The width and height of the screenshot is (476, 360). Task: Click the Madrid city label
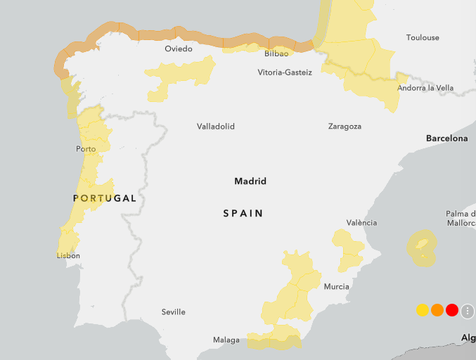tap(250, 181)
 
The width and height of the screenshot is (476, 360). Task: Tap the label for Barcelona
tap(446, 139)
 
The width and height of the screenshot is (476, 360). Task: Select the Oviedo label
tap(178, 49)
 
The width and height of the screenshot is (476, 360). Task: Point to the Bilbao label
tap(276, 53)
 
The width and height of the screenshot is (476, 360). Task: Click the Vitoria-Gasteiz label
tap(285, 72)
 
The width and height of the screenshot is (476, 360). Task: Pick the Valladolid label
tap(216, 127)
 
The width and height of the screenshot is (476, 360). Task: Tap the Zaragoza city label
tap(345, 127)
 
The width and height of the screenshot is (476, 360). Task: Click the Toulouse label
tap(423, 37)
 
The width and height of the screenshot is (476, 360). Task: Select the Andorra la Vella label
tap(425, 88)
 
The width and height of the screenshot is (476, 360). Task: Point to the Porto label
tap(86, 149)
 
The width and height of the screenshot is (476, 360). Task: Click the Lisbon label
tap(68, 255)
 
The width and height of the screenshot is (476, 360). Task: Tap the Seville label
tap(173, 311)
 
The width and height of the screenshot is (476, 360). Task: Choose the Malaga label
tap(226, 340)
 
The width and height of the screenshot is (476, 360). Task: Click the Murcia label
tap(337, 286)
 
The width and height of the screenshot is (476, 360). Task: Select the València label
tap(361, 223)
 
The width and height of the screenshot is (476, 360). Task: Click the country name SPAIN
tap(243, 213)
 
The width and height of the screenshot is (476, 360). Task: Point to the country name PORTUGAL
tap(105, 198)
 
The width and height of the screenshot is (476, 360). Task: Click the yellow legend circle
tap(423, 310)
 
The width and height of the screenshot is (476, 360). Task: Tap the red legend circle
tap(452, 310)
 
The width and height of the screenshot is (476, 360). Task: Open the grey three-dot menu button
tap(468, 311)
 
